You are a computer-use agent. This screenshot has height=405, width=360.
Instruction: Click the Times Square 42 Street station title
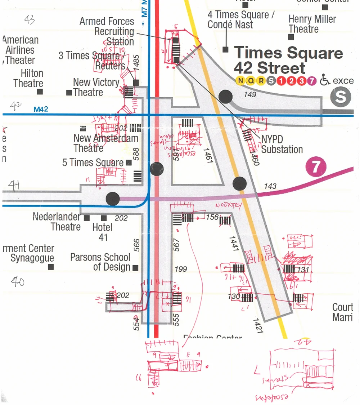[x=288, y=61]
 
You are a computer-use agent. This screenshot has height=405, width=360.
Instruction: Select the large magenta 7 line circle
[x=315, y=167]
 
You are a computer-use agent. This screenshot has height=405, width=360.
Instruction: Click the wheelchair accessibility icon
[x=325, y=80]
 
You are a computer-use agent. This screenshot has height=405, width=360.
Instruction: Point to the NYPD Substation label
[x=282, y=144]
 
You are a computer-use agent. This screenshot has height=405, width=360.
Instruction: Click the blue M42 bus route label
[x=41, y=109]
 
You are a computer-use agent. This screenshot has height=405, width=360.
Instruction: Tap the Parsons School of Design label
[x=100, y=262]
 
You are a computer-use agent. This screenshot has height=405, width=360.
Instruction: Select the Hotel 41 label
[x=103, y=232]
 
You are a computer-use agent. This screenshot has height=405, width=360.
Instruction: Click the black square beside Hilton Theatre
[x=40, y=92]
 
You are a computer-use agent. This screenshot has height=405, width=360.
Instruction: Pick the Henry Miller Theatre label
[x=312, y=24]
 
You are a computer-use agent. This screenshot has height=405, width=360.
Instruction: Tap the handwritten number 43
[x=30, y=20]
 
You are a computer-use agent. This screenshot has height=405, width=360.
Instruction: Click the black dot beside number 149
[x=226, y=97]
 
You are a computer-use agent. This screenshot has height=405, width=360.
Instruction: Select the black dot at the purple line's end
[x=113, y=198]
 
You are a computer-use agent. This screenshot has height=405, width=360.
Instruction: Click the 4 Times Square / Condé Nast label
[x=241, y=20]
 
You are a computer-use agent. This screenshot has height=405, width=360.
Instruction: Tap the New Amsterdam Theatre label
[x=105, y=143]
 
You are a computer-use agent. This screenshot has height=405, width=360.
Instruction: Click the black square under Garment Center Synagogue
[x=51, y=267]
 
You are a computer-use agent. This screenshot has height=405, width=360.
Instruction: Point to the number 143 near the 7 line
[x=270, y=186]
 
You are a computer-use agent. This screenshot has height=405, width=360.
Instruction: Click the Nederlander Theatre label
[x=57, y=222]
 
